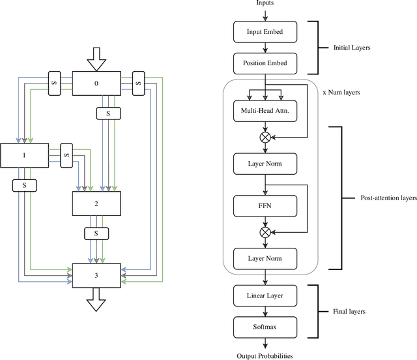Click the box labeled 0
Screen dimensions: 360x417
pos(96,83)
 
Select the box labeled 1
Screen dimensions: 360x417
pos(24,156)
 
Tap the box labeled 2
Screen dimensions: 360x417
pos(96,203)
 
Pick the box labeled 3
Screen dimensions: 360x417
pos(96,275)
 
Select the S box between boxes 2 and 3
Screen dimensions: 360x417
pos(96,233)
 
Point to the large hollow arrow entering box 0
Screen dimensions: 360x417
pos(96,59)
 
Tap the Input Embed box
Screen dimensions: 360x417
pos(265,32)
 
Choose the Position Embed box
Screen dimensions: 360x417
pos(265,63)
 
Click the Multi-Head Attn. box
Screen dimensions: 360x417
pos(265,112)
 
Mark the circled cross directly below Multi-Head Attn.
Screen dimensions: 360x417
pos(265,137)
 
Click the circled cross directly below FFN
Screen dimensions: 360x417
pos(265,232)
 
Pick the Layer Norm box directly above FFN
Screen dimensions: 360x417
pos(265,162)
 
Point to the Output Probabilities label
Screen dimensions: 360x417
pos(265,355)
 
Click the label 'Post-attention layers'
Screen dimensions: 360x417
pos(388,198)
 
